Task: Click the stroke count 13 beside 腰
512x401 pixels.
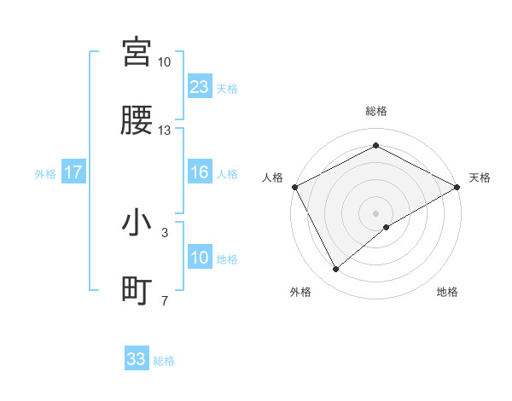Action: click(x=164, y=131)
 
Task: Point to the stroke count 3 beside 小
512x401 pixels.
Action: click(x=164, y=231)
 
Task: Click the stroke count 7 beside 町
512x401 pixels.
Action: click(x=164, y=300)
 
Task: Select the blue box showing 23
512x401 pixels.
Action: click(x=199, y=86)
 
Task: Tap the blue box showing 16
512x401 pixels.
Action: click(x=199, y=172)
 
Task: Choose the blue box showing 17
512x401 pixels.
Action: click(x=73, y=172)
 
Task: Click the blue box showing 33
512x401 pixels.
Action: click(x=137, y=359)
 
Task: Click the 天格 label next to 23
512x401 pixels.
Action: click(x=227, y=88)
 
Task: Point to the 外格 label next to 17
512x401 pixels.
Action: click(x=45, y=173)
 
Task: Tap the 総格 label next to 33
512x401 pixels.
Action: click(x=164, y=361)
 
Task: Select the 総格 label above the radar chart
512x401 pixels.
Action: click(x=375, y=111)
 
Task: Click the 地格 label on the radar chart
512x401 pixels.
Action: click(x=447, y=292)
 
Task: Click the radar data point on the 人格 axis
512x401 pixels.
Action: click(x=294, y=186)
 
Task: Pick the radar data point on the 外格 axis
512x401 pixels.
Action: click(x=336, y=269)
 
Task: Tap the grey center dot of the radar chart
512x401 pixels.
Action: click(x=375, y=212)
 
